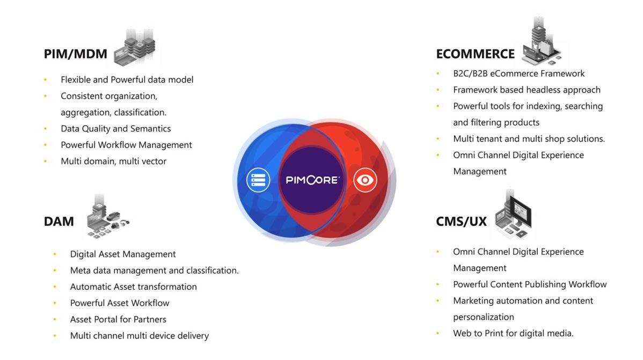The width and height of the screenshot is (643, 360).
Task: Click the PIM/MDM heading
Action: point(76,54)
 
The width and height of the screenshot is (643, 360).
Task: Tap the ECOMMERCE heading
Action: point(476,54)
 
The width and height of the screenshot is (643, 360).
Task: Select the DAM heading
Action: point(59,222)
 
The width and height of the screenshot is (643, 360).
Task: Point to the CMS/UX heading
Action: point(462,222)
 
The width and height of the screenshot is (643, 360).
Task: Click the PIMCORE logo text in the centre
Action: point(312,180)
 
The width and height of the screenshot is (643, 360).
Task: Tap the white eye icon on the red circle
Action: point(365,180)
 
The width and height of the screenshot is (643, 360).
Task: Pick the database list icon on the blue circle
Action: point(258,180)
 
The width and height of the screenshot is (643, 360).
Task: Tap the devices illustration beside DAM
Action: point(107,217)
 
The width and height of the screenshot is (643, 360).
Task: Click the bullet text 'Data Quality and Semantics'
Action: point(115,129)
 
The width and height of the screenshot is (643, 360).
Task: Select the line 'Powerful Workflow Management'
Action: point(126,145)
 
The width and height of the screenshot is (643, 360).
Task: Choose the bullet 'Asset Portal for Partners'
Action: point(118,319)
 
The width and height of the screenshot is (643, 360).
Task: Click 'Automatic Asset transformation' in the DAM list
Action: point(133,286)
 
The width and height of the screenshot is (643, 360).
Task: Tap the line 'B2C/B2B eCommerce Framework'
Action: point(518,74)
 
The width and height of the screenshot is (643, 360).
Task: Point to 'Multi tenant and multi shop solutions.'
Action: point(529,139)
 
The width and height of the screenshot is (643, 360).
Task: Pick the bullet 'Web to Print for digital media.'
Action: point(514,333)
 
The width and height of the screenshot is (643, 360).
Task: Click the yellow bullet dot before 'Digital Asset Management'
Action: point(55,254)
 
